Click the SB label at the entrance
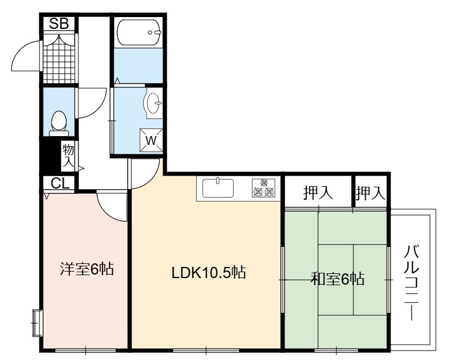(x=59, y=24)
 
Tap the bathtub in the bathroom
(x=139, y=32)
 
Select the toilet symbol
(x=59, y=123)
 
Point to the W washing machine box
(x=151, y=140)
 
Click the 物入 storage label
(x=68, y=156)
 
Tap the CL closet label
(x=60, y=183)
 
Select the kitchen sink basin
(x=218, y=188)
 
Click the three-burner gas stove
(x=263, y=188)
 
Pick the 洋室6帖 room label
(x=87, y=269)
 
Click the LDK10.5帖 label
(x=209, y=273)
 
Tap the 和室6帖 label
(x=337, y=279)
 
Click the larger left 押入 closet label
(x=318, y=193)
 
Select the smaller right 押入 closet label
(x=370, y=193)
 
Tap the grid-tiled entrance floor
(x=59, y=59)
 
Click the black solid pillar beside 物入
(x=51, y=156)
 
